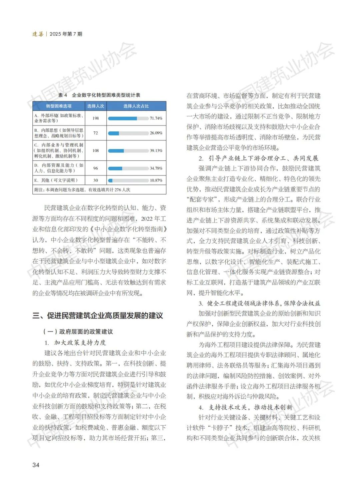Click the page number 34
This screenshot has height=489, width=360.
click(36, 465)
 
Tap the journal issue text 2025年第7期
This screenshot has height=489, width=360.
click(66, 34)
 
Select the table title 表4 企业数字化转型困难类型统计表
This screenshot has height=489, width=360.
click(99, 95)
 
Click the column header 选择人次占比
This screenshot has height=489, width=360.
click(136, 106)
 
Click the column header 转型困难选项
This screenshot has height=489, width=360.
click(59, 106)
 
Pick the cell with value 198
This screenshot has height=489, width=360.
click(96, 118)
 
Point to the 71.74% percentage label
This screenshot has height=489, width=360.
click(156, 118)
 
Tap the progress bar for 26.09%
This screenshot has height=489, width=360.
click(128, 133)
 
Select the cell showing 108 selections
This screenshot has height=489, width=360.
click(96, 150)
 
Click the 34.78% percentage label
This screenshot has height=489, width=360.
click(156, 168)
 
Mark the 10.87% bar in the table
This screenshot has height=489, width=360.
click(128, 180)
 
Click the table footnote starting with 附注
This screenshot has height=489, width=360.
click(82, 189)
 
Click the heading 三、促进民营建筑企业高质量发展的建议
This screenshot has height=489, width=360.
click(98, 316)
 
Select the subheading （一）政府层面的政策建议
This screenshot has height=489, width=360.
click(78, 332)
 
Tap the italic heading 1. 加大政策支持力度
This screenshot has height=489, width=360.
click(75, 343)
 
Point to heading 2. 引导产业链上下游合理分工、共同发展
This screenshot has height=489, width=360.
click(259, 158)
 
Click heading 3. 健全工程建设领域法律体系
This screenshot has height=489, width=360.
click(259, 303)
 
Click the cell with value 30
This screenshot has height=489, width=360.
click(96, 180)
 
